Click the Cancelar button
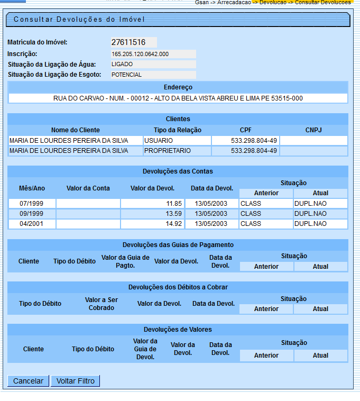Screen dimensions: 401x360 tap(28, 381)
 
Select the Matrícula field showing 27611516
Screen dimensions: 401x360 tap(133, 42)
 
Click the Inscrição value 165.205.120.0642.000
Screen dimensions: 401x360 tap(153, 54)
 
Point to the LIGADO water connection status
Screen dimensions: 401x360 tap(153, 65)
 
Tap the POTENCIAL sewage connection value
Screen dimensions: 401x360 tap(153, 75)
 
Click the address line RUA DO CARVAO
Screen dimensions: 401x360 tap(178, 98)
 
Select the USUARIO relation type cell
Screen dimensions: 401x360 tap(177, 141)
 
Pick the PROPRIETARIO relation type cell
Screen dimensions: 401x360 tap(177, 151)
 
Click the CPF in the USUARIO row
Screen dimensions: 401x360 tap(245, 141)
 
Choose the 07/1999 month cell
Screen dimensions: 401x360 tap(32, 204)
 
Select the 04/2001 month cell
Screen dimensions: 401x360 tap(32, 224)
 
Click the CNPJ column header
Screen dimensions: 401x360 tap(313, 130)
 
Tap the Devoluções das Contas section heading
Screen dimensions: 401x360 tap(178, 171)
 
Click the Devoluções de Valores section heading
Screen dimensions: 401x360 tap(178, 330)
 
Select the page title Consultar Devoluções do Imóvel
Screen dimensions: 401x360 tap(79, 20)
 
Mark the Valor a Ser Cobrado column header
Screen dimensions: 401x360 tap(101, 304)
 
